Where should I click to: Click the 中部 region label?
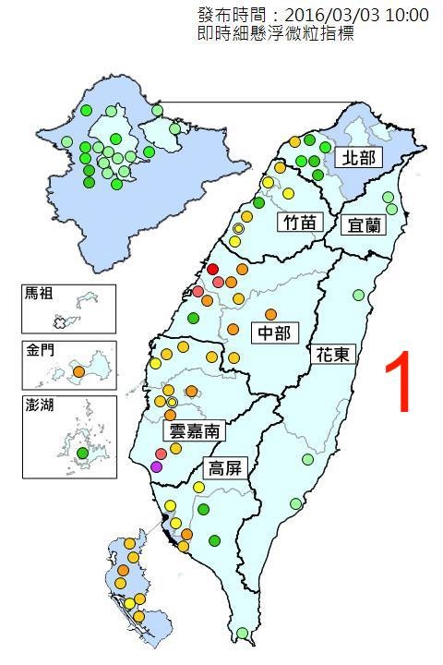[x=271, y=332]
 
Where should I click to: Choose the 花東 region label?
[x=329, y=354]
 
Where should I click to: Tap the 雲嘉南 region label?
[x=194, y=429]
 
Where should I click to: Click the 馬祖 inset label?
[x=40, y=295]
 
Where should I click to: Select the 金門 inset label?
[x=40, y=352]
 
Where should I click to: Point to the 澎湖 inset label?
[x=40, y=406]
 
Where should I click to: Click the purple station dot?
[x=156, y=466]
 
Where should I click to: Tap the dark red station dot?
[x=212, y=269]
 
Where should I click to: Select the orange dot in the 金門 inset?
[x=79, y=372]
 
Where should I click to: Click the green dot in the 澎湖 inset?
[x=82, y=453]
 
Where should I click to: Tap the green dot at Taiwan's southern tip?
[x=243, y=633]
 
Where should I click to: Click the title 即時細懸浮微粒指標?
[x=276, y=33]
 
